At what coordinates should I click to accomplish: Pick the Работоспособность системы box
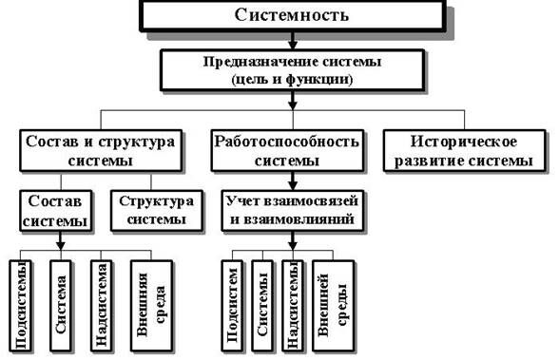coord(286,151)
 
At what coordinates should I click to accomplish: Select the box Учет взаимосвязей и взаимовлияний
coord(286,211)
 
